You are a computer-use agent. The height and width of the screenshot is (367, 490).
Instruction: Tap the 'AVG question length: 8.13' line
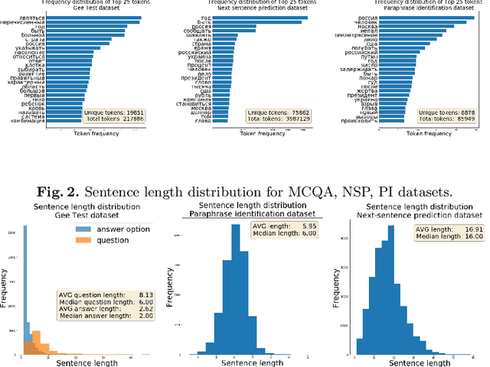click(104, 294)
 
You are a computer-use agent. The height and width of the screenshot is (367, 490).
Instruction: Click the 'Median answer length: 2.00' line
click(104, 315)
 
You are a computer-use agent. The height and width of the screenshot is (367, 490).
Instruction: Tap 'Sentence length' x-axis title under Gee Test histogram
click(82, 362)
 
